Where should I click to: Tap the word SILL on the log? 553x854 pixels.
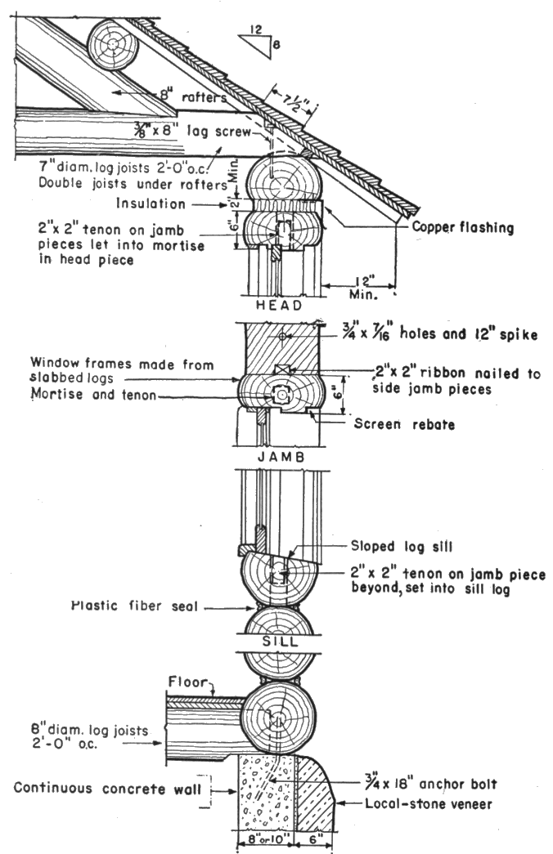click(279, 642)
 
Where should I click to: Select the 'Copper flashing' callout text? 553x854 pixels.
click(464, 229)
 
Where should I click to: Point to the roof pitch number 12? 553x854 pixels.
click(255, 30)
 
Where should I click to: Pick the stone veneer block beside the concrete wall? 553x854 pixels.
click(314, 793)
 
